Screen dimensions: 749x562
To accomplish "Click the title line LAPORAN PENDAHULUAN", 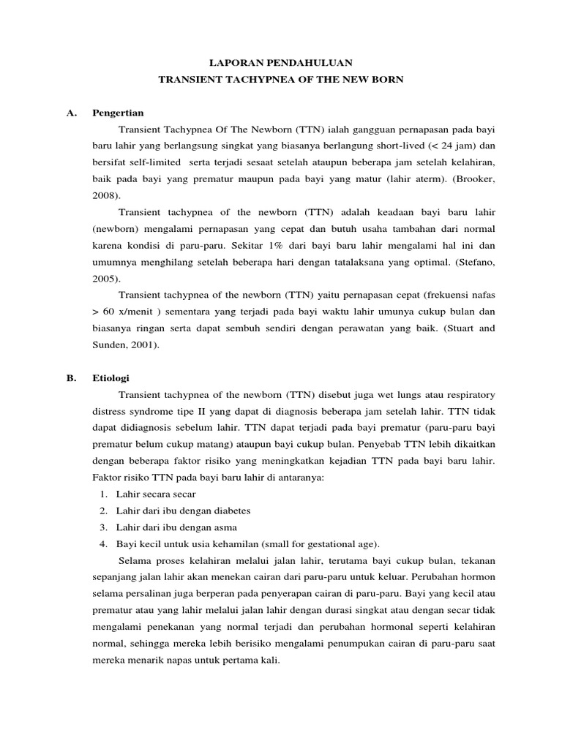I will click(x=280, y=64).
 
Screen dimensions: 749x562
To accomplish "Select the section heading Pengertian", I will click(x=118, y=113).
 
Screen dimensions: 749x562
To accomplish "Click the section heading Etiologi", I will click(x=110, y=378).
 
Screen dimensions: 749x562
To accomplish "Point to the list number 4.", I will click(x=102, y=543).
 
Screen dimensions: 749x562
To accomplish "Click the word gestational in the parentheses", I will click(x=315, y=543).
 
